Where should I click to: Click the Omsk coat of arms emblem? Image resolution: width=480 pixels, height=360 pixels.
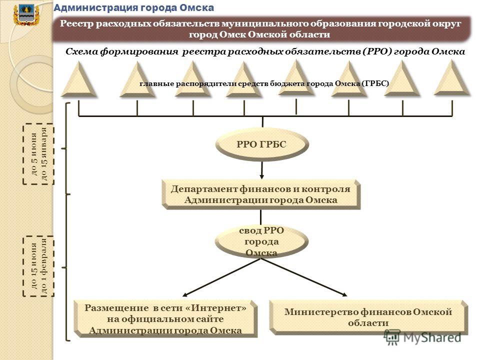pyautogui.click(x=26, y=15)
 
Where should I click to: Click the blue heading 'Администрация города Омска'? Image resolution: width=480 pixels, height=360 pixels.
pyautogui.click(x=134, y=7)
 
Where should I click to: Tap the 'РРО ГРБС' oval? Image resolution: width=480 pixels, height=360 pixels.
pyautogui.click(x=261, y=144)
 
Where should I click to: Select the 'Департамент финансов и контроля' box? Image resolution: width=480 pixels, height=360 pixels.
pyautogui.click(x=261, y=194)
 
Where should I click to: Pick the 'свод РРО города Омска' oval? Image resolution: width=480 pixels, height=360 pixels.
pyautogui.click(x=261, y=241)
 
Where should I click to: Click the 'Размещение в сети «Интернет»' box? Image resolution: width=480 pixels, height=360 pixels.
pyautogui.click(x=165, y=318)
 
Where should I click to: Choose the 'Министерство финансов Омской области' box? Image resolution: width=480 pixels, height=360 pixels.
pyautogui.click(x=368, y=317)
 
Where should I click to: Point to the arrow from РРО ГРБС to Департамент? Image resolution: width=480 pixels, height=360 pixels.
pyautogui.click(x=261, y=170)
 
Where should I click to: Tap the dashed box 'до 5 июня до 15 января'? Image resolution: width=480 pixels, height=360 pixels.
pyautogui.click(x=38, y=154)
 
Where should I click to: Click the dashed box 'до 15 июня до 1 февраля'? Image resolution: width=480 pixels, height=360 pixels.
pyautogui.click(x=38, y=266)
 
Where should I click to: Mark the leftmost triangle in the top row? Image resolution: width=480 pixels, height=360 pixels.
pyautogui.click(x=79, y=79)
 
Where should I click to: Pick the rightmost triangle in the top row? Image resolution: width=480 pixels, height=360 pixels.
pyautogui.click(x=452, y=78)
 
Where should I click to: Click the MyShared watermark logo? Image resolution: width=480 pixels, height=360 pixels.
pyautogui.click(x=422, y=337)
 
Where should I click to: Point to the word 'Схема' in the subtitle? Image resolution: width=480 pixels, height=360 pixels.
pyautogui.click(x=81, y=51)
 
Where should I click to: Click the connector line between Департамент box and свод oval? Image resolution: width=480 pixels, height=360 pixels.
pyautogui.click(x=261, y=217)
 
